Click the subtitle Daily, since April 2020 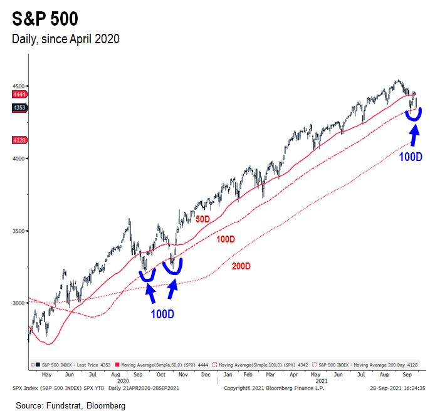(66, 39)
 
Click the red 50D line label (203, 220)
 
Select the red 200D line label (241, 266)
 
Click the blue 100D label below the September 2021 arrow (411, 156)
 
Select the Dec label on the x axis (206, 374)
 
